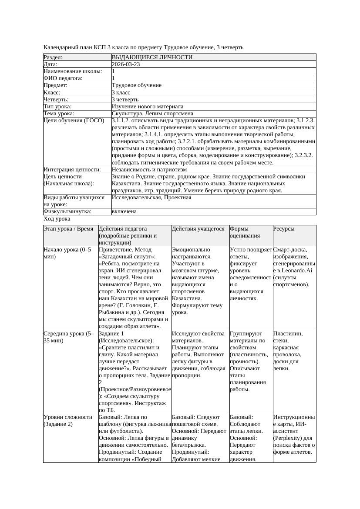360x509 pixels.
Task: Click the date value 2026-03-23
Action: click(126, 64)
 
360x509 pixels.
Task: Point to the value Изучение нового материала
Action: click(147, 107)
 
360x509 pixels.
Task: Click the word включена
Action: click(124, 211)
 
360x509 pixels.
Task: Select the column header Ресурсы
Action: click(284, 229)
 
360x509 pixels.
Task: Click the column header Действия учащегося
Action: click(198, 229)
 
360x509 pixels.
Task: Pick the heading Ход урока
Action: click(57, 219)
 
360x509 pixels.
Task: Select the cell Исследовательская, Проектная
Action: click(151, 198)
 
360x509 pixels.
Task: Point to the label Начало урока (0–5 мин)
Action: click(67, 253)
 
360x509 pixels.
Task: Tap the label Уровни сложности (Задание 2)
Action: click(68, 421)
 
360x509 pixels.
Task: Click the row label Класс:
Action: click(52, 93)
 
